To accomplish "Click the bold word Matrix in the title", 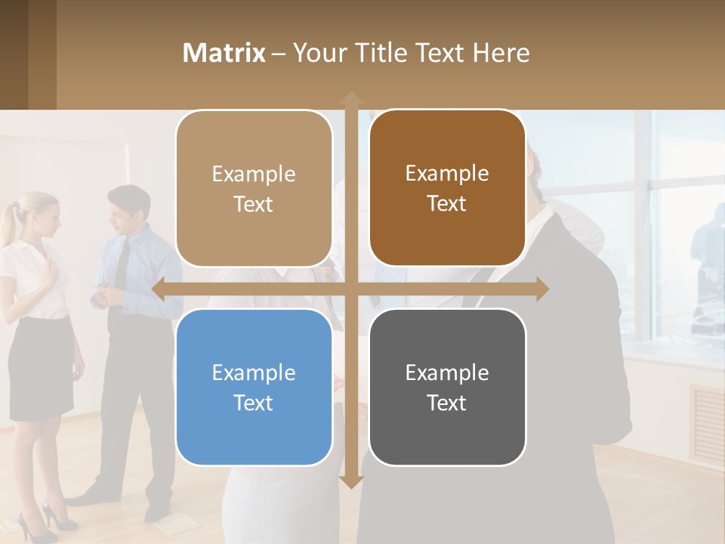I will click(224, 53).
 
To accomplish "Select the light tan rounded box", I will click(254, 189).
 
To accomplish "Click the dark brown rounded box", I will click(447, 188).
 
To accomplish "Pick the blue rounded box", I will click(254, 387).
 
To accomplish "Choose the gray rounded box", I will click(447, 387).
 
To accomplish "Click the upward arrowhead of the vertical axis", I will click(351, 97).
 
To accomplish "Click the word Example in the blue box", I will click(254, 372).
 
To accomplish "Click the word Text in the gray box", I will click(447, 403).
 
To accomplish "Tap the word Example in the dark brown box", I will click(447, 173).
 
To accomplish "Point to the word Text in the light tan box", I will click(254, 204).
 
